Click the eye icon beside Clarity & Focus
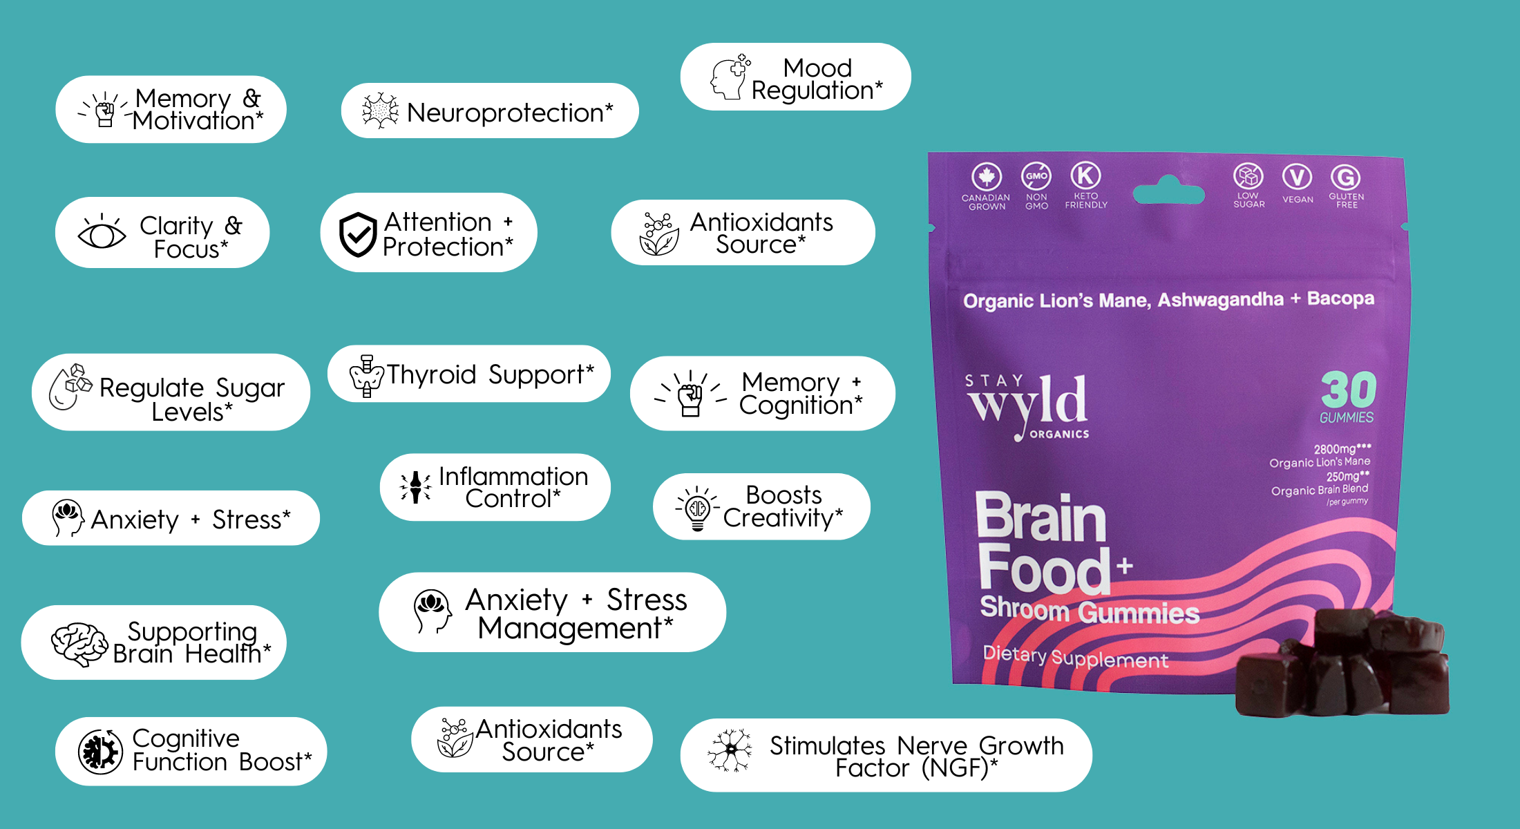coord(102,234)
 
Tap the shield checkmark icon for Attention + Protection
coord(358,234)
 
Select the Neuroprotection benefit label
coord(510,112)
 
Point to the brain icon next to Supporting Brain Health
coord(79,644)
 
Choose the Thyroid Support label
coord(489,374)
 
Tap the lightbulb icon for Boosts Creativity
coord(697,510)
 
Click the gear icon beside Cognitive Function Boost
coord(100,752)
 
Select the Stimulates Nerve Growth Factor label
coord(916,756)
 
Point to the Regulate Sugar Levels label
coord(191,399)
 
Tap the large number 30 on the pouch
coord(1348,390)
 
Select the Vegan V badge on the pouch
coord(1297,177)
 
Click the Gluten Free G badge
coord(1346,178)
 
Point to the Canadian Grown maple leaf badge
coord(986,177)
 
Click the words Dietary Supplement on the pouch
coord(1075,657)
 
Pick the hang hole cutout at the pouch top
coord(1169,191)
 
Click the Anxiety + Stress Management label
coord(576,613)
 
